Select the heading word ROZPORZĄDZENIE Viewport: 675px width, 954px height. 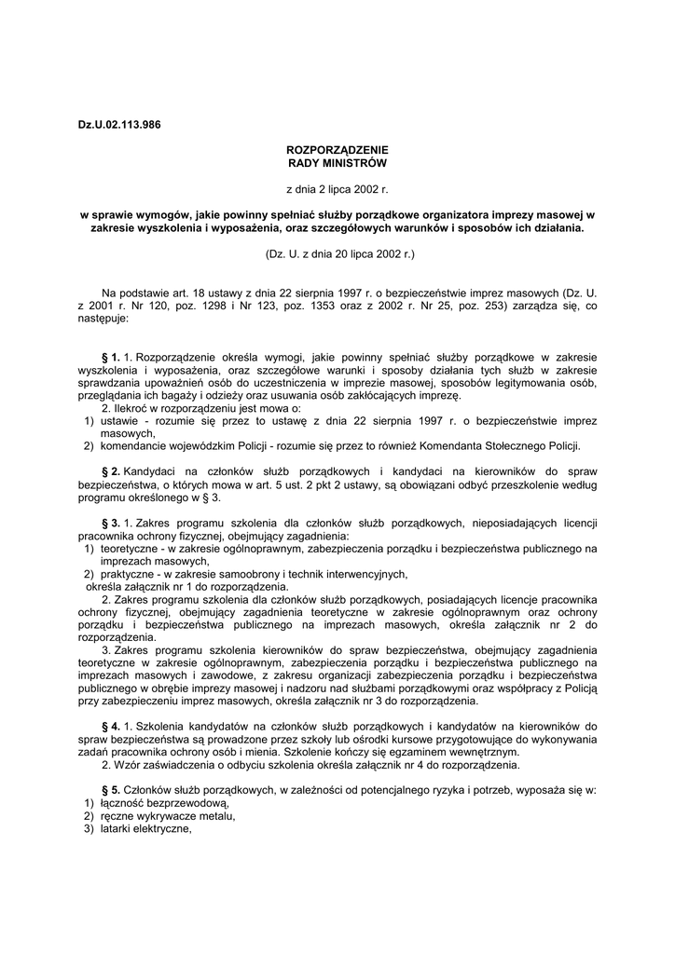(337, 150)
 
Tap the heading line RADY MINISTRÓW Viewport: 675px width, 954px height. (337, 162)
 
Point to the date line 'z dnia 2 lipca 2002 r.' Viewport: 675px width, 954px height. (337, 188)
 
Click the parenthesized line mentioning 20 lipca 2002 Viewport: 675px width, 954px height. (337, 252)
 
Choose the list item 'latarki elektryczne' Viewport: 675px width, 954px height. (145, 830)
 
